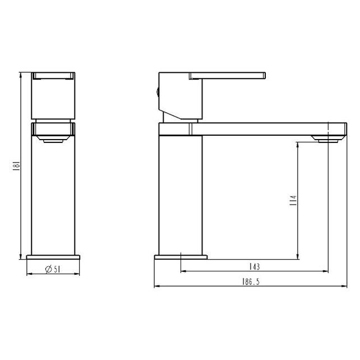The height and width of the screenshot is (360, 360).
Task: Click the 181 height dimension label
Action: tap(16, 166)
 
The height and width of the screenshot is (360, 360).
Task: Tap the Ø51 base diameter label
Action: tap(53, 269)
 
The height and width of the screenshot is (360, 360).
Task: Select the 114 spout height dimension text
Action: tap(293, 200)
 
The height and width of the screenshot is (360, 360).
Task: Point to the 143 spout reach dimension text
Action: tap(255, 266)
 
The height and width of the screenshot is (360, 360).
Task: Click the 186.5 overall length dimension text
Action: tap(251, 281)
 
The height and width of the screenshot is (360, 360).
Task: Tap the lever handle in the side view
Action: tap(227, 76)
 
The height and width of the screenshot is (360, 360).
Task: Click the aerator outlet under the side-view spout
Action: tap(328, 139)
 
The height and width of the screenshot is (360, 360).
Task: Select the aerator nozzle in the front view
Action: tap(53, 139)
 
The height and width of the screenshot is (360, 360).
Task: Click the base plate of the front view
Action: tap(53, 257)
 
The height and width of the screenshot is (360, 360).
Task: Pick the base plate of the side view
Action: tap(181, 257)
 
